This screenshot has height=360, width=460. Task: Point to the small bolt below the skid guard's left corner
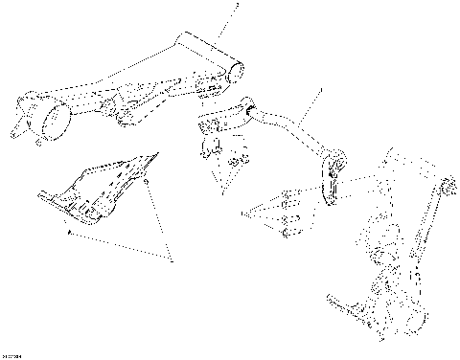click(70, 231)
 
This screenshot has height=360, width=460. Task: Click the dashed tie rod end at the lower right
click(345, 306)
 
